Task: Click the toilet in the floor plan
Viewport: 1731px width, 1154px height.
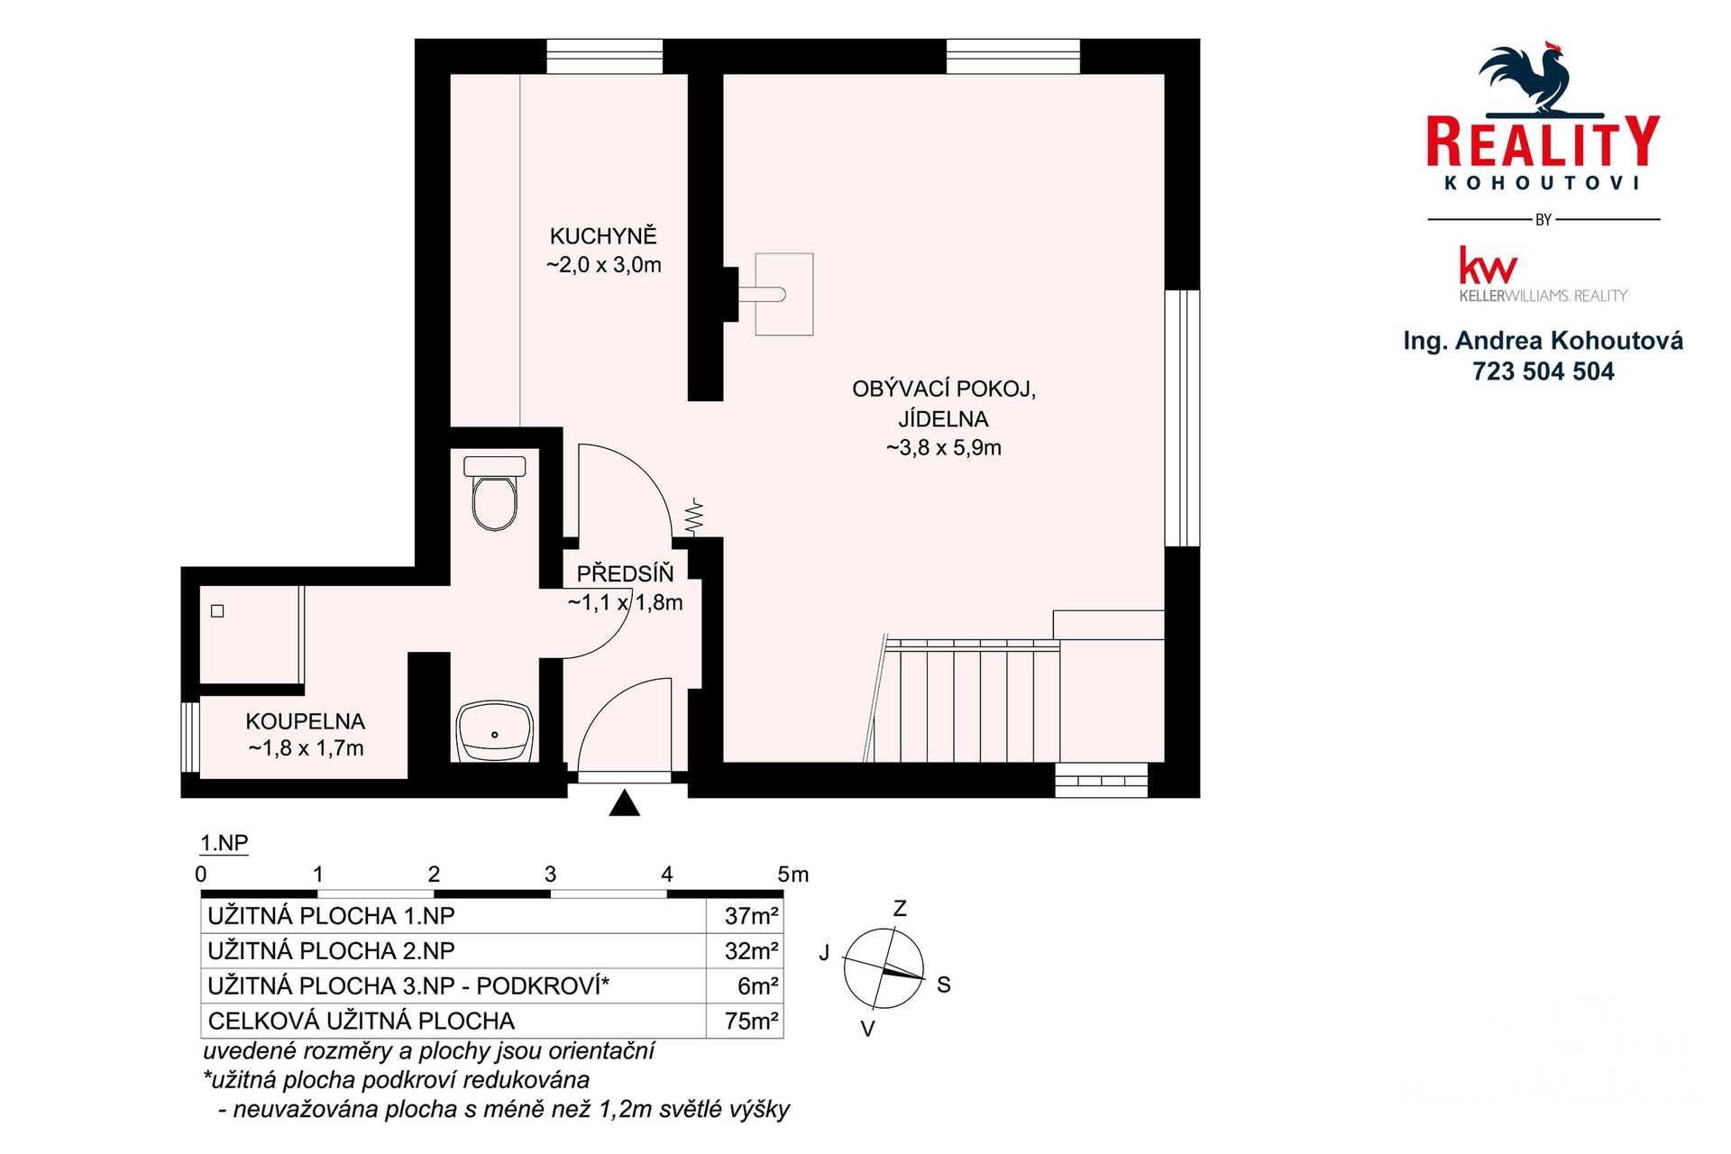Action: (x=494, y=492)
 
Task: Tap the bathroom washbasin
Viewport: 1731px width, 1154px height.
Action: (x=495, y=731)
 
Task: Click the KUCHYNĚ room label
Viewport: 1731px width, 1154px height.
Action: (x=603, y=236)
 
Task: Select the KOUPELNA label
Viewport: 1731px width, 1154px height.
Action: (x=306, y=721)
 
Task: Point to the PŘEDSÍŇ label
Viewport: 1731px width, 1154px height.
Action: (x=625, y=573)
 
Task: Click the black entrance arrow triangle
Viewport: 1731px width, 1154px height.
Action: (x=624, y=803)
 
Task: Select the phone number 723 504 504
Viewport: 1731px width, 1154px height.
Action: (x=1543, y=371)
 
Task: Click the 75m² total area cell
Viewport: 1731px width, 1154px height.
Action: (x=752, y=1021)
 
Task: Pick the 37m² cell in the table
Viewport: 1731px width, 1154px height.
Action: (x=752, y=916)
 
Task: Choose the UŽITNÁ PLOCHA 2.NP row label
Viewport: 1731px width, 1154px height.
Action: (x=331, y=951)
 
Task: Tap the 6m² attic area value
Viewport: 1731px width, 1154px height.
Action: (x=757, y=986)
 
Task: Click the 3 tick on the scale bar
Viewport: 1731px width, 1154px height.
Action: (x=550, y=874)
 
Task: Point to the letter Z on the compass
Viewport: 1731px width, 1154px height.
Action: (x=899, y=909)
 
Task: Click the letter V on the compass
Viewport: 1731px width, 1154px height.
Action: (x=867, y=1029)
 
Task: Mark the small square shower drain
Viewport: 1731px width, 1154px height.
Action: (x=217, y=611)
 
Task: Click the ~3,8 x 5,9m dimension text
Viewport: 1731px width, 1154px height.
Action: (x=943, y=448)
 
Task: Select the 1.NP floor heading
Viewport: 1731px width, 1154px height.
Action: (x=224, y=843)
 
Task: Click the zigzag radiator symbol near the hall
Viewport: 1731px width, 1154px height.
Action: (x=693, y=516)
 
